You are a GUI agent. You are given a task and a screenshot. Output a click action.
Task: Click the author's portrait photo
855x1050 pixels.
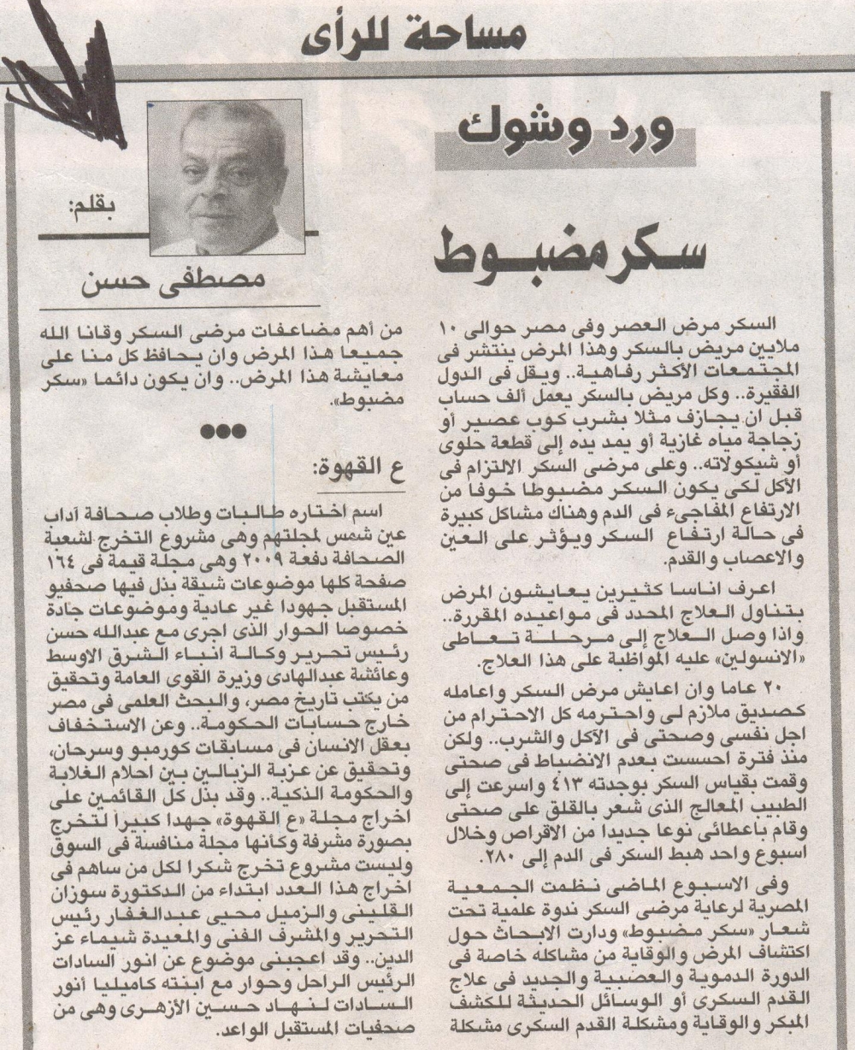[226, 178]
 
